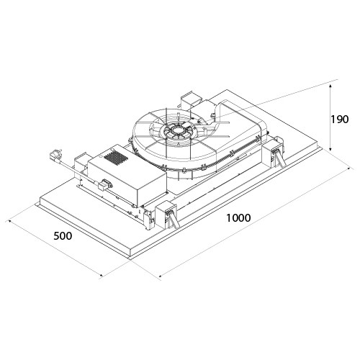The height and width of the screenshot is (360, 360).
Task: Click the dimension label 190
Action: pos(339,120)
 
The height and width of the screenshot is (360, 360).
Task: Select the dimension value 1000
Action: pos(238,217)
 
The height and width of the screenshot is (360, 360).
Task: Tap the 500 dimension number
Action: pos(63,236)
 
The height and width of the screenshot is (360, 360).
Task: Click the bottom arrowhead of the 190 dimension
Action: pos(330,149)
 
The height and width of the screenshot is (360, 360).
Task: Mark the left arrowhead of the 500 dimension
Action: pos(10,221)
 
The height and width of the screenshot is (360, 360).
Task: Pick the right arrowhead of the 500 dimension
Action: pos(101,276)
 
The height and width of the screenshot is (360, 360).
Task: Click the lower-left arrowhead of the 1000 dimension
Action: pos(161,275)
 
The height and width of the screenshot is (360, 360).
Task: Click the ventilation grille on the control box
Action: pos(116,158)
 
